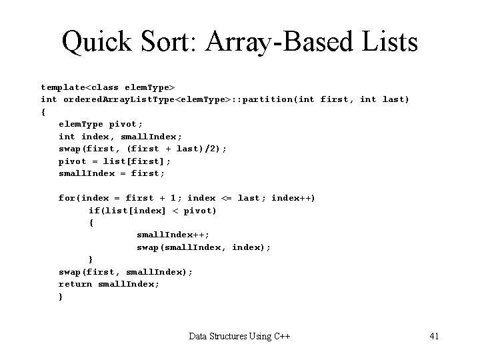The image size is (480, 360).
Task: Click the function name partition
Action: point(269,99)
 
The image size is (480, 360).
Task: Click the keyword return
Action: point(75,284)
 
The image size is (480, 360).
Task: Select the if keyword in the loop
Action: point(94,211)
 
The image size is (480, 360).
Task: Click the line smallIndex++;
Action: point(173,235)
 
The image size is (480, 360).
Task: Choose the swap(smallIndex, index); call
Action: point(203,247)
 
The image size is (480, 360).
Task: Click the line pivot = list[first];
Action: point(115,161)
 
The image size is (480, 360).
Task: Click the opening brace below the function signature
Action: point(43,112)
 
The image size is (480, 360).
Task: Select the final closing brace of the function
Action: point(61,297)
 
